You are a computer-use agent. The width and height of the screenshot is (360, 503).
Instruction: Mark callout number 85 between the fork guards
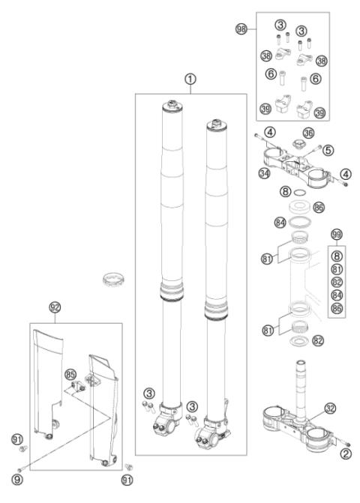[x=70, y=373]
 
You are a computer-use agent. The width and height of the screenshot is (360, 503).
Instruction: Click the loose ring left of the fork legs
[x=112, y=283]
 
